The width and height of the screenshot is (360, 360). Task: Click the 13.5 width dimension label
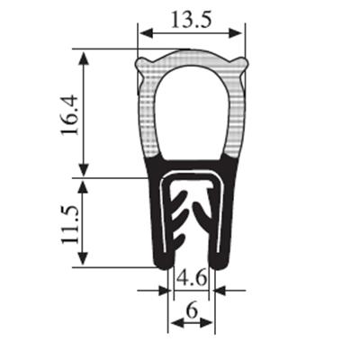coord(192,20)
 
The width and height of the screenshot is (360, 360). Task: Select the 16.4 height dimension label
coord(69,115)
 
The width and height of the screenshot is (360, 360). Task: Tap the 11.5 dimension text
coord(70,225)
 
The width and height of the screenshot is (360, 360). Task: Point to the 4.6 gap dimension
coord(192,278)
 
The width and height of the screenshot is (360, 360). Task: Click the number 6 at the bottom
coord(192,310)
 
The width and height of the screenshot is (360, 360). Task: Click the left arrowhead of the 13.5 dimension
coord(147,33)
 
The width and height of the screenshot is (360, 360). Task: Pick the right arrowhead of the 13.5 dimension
coord(235,33)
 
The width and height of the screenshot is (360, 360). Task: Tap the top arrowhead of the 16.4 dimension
coord(84,58)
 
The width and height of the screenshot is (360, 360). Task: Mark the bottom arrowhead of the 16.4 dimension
coord(84,169)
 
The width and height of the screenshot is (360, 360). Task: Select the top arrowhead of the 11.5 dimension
coord(83,187)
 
